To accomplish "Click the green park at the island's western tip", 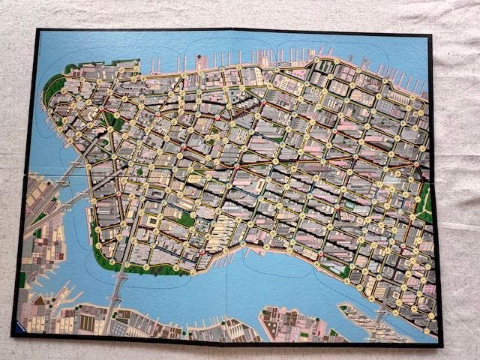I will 52,90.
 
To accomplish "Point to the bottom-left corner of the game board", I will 13,334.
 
